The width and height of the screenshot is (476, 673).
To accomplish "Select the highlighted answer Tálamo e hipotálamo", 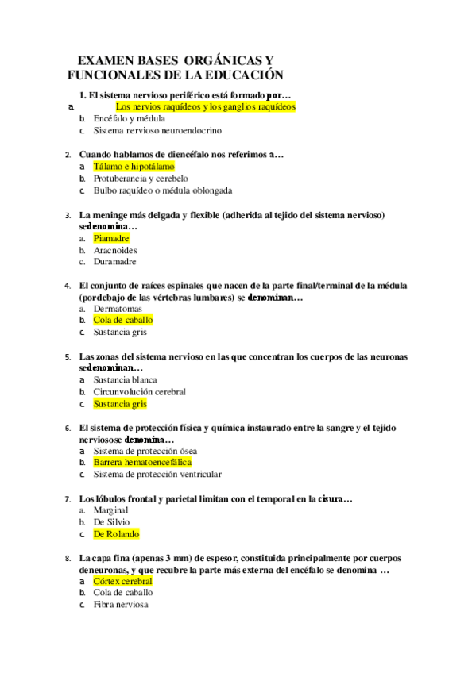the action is click(x=134, y=167).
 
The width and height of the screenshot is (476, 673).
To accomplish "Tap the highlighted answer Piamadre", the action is click(x=110, y=238).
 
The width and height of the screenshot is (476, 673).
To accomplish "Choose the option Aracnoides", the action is click(x=115, y=250).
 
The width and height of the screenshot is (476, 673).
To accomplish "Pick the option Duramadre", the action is click(x=114, y=261).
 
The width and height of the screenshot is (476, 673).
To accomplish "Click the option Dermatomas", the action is click(x=118, y=309).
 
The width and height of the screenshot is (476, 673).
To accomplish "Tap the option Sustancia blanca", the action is click(x=125, y=380).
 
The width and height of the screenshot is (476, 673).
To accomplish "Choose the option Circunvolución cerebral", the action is click(x=139, y=392).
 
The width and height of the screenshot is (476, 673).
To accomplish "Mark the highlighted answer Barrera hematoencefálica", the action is click(x=142, y=463).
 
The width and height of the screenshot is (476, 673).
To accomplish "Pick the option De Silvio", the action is click(x=111, y=522).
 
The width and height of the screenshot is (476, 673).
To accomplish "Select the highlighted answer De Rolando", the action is click(x=116, y=534).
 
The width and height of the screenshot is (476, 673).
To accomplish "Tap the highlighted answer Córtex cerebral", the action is click(x=122, y=581).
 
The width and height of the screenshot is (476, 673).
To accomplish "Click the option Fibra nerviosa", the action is click(x=120, y=605).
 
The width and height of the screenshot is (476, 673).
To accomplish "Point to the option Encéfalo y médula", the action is click(x=129, y=118).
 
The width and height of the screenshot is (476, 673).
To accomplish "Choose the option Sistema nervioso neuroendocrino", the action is click(x=157, y=130).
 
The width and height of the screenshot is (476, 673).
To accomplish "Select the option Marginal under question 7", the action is click(x=110, y=510).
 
